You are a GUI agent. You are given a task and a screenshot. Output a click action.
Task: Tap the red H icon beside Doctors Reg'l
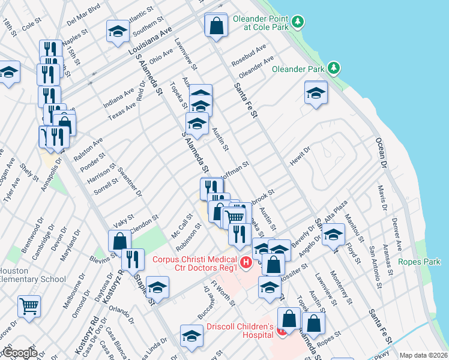pos(245,262)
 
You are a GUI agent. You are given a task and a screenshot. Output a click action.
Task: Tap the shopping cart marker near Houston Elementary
pos(29,306)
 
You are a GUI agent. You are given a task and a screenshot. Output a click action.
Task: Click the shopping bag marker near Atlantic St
pos(215,26)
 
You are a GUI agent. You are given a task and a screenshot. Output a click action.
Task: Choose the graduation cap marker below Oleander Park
pos(316,93)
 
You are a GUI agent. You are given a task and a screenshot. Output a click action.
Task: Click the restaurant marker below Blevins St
pos(133,260)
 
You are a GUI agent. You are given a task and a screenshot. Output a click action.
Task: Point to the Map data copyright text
pos(423,355)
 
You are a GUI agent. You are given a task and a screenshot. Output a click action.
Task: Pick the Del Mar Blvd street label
pos(83,14)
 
